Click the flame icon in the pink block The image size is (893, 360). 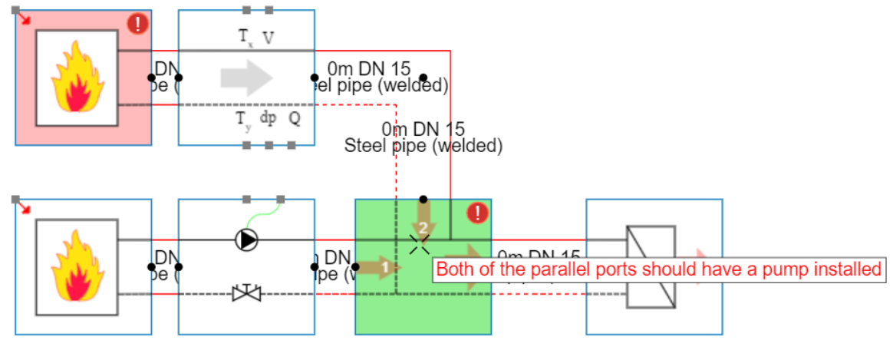[77, 78]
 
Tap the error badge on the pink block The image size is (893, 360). [138, 24]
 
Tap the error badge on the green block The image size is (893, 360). [478, 213]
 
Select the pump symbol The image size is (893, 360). [246, 240]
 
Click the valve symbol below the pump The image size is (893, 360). [246, 293]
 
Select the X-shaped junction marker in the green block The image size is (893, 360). [419, 244]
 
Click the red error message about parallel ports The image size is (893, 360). [658, 270]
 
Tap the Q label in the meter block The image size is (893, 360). [295, 119]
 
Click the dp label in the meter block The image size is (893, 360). [268, 118]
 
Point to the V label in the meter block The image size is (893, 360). [269, 38]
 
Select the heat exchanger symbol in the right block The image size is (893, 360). [651, 266]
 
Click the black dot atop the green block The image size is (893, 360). [423, 200]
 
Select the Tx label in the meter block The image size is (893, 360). [245, 38]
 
